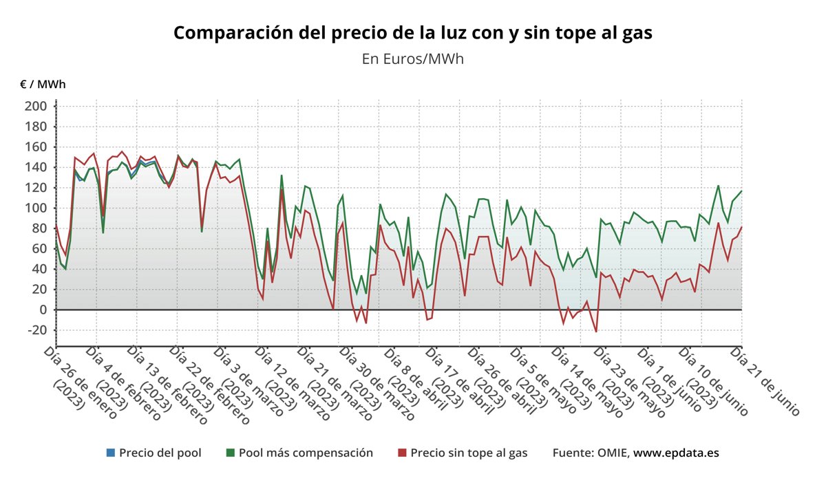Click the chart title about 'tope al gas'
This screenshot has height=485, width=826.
[412, 32]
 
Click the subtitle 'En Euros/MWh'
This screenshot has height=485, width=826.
[412, 58]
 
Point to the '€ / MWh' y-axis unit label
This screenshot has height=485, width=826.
[43, 84]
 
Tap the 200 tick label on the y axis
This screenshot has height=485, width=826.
[36, 106]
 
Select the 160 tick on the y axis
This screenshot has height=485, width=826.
[36, 147]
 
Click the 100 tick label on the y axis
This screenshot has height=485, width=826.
[36, 208]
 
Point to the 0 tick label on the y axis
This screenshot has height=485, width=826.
[42, 310]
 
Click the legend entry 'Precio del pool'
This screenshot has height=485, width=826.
[160, 453]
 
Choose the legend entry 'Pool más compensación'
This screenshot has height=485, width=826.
[306, 453]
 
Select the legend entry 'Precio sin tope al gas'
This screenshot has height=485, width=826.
[469, 453]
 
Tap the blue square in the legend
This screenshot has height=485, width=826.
[110, 453]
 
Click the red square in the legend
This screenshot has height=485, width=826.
[402, 453]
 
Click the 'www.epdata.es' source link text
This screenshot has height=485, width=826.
[676, 453]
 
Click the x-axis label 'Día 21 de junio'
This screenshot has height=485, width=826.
[765, 382]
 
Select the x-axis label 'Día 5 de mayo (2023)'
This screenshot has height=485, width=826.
[544, 382]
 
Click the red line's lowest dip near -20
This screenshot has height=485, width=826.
[596, 332]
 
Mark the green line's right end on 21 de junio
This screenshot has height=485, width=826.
[741, 191]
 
